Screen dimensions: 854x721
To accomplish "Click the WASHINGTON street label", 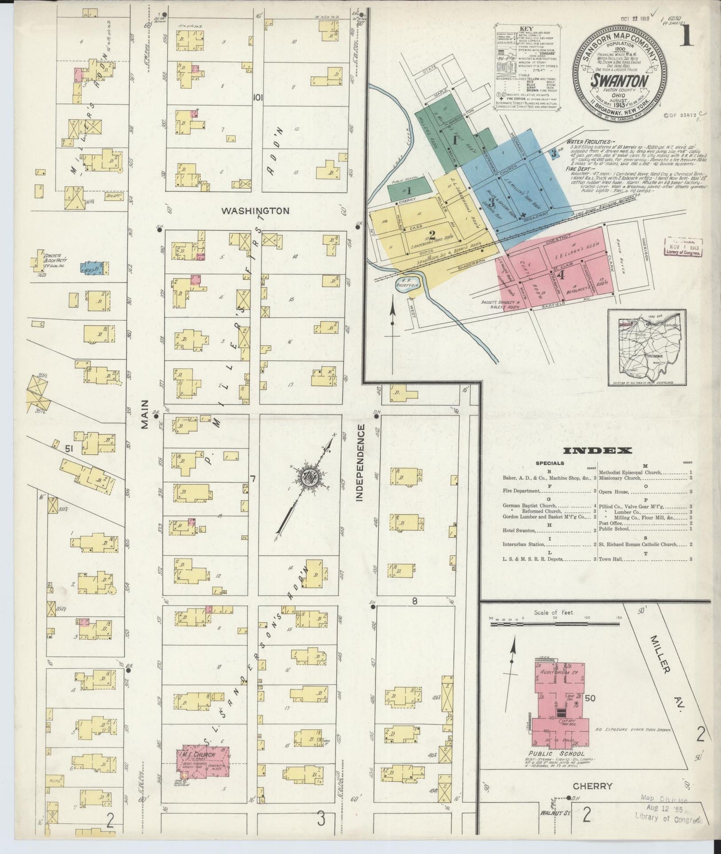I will (x=255, y=211).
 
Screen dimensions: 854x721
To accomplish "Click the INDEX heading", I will (x=597, y=450).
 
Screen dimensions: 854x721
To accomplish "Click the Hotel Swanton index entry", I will (x=519, y=530).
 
